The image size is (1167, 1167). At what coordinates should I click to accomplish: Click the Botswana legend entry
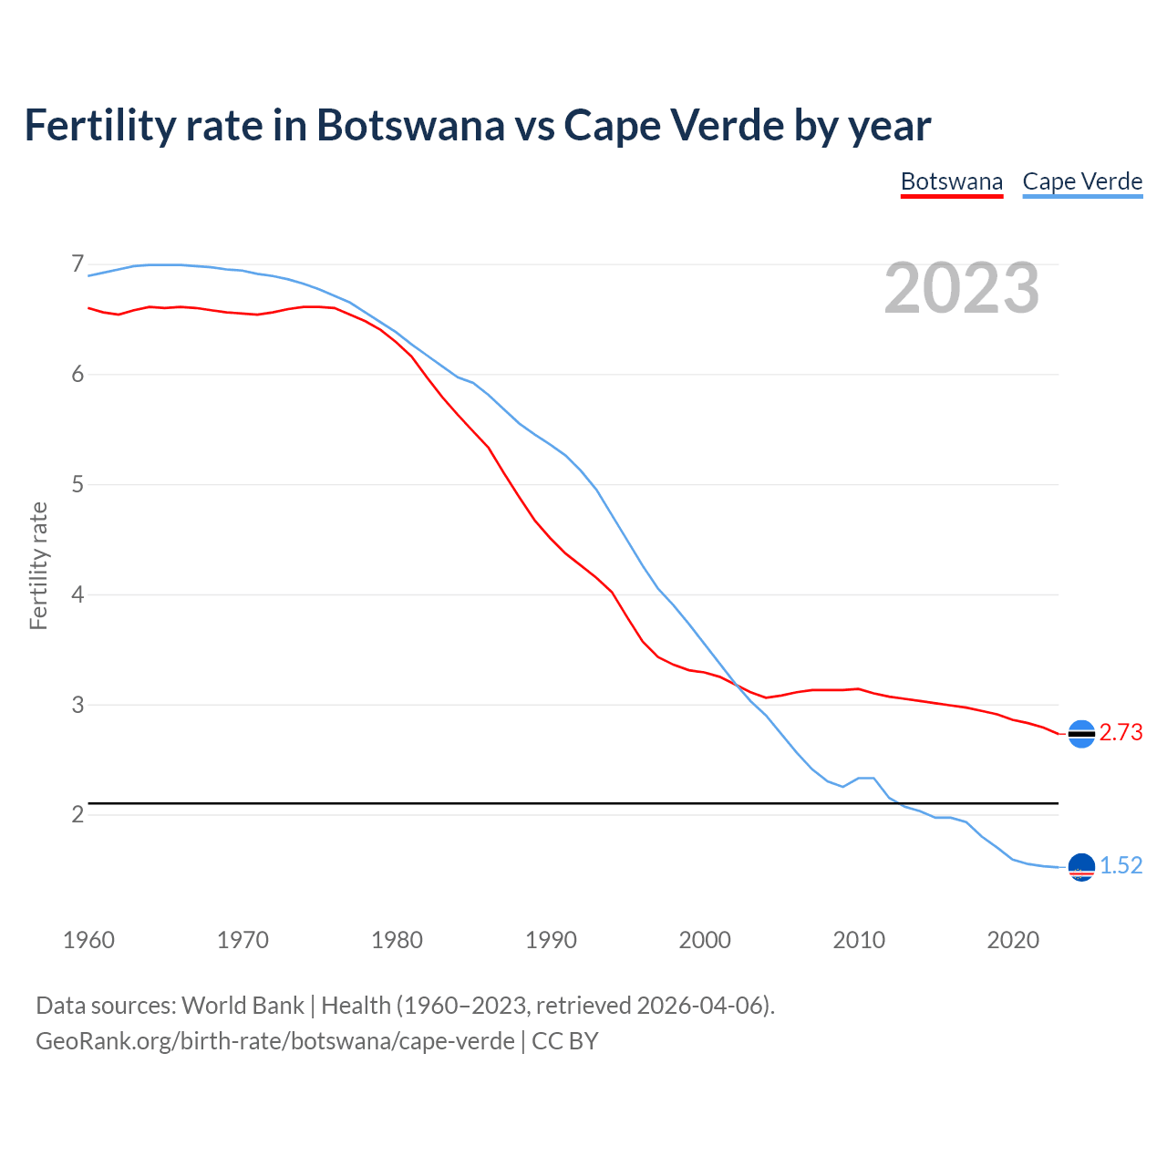click(951, 181)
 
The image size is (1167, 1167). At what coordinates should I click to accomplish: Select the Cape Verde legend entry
click(1082, 181)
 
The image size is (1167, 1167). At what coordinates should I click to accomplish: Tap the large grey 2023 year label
click(962, 288)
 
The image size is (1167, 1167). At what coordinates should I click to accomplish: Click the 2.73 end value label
click(1121, 733)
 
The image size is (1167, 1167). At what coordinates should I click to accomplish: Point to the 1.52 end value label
click(1121, 865)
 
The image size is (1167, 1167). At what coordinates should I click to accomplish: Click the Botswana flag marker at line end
click(1081, 734)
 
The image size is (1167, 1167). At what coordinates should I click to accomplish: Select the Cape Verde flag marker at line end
click(1081, 867)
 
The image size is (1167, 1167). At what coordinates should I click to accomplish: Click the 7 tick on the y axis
click(77, 264)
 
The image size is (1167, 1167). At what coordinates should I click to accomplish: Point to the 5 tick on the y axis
click(77, 484)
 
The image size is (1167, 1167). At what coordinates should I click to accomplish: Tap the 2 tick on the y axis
click(77, 814)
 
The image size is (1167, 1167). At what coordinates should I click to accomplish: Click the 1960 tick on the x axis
click(88, 940)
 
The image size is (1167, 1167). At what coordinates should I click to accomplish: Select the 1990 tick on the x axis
click(551, 940)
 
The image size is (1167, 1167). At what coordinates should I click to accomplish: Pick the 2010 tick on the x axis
click(859, 940)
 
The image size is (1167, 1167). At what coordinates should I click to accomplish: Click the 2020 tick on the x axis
click(1013, 940)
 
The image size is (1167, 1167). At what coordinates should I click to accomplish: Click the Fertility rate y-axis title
click(38, 565)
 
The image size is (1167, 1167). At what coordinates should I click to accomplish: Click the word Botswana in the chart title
click(409, 125)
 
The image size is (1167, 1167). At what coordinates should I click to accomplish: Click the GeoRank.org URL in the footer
click(274, 1041)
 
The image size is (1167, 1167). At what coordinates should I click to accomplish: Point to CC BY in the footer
click(564, 1041)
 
